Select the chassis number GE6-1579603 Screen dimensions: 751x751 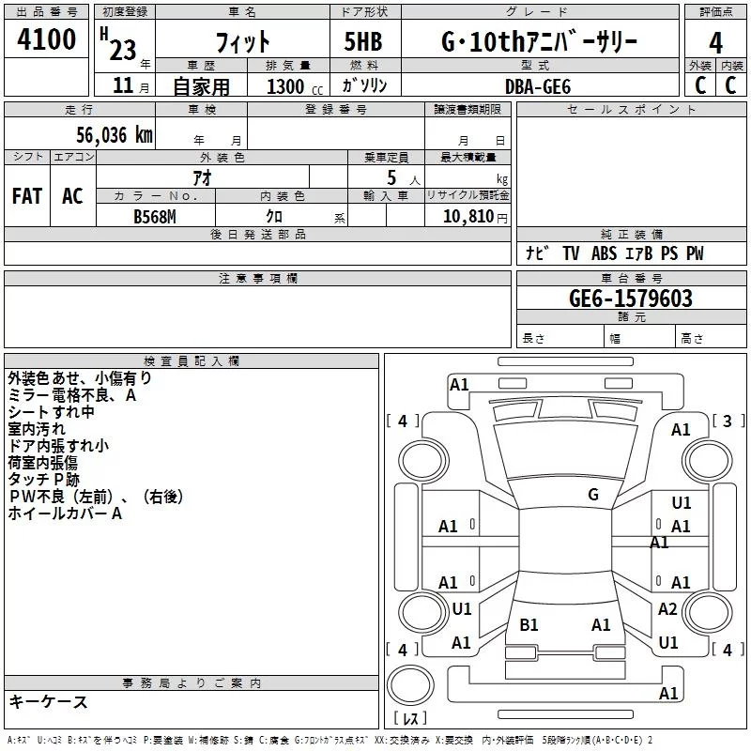point(631,299)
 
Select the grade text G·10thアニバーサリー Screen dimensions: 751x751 point(539,42)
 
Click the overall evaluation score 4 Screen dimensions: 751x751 point(715,42)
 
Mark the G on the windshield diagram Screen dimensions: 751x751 point(593,495)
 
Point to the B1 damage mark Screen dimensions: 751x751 point(529,624)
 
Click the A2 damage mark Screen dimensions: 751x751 point(667,609)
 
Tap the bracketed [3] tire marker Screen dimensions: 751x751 point(727,421)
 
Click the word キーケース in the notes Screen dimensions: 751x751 point(49,701)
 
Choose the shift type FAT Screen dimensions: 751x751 point(27,195)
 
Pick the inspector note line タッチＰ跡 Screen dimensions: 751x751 point(43,480)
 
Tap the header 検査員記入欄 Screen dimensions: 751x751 point(192,360)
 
